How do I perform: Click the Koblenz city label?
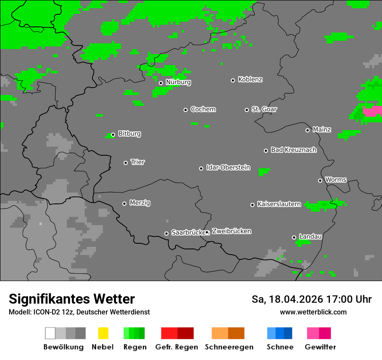(x=250, y=80)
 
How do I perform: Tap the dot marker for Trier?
(x=126, y=163)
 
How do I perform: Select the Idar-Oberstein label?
(x=228, y=167)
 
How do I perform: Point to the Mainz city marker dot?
(x=307, y=130)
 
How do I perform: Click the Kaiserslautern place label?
(x=279, y=204)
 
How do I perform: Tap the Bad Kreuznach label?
(x=293, y=150)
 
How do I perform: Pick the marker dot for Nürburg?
(x=161, y=83)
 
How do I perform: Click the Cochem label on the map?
(x=203, y=109)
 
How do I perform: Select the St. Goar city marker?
(x=247, y=110)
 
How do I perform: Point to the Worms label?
(x=336, y=180)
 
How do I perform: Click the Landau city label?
(x=310, y=237)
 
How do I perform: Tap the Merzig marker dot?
(x=124, y=203)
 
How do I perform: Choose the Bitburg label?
(x=129, y=134)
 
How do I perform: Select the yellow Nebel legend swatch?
(x=103, y=333)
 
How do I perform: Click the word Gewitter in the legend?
(x=320, y=347)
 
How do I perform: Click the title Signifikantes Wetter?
(x=72, y=299)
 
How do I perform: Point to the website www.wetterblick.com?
(x=313, y=312)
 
